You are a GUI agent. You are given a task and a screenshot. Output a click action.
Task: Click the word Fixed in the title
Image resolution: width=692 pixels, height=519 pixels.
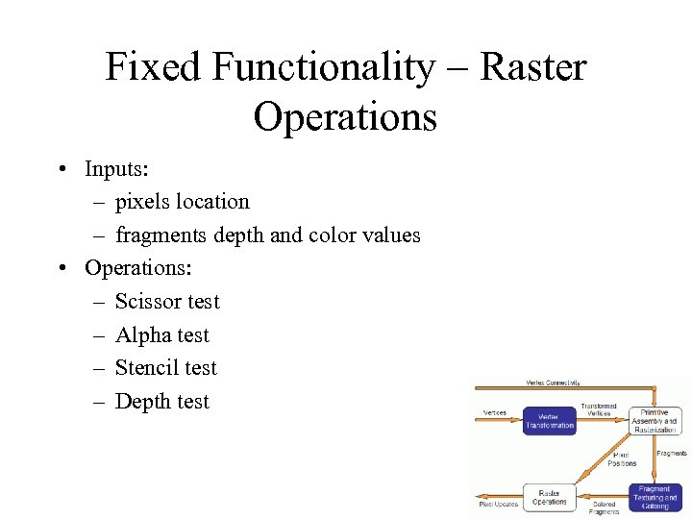click(155, 67)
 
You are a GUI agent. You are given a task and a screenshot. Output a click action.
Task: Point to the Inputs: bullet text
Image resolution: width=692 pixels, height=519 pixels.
click(116, 169)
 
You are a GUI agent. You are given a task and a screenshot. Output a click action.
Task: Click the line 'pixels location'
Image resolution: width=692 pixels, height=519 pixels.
click(182, 202)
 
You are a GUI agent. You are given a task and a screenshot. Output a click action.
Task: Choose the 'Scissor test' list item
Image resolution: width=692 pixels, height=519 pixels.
click(167, 302)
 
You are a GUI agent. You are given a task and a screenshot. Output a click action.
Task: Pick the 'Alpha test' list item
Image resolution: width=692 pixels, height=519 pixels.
click(161, 335)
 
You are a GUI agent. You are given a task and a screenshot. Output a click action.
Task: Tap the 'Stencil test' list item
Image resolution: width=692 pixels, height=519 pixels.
click(166, 368)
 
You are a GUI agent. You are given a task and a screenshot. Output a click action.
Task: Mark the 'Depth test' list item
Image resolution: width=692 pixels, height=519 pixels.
click(161, 402)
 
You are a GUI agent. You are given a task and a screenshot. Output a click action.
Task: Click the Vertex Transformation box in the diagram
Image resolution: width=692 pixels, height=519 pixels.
click(549, 421)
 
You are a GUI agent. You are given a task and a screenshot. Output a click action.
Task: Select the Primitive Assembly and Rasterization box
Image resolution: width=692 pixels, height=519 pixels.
click(655, 421)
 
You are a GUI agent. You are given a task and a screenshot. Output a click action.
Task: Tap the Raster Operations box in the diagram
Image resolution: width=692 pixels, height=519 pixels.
click(550, 496)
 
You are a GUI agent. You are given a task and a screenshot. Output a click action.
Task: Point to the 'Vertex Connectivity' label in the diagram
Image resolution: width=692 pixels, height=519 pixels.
click(553, 383)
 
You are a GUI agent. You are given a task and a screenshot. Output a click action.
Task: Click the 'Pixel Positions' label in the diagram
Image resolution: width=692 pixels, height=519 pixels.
click(622, 459)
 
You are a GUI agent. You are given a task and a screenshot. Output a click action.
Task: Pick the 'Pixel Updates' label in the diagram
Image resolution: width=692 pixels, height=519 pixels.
click(499, 504)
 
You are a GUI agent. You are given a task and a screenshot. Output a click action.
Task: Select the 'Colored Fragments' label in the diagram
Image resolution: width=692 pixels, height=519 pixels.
click(604, 507)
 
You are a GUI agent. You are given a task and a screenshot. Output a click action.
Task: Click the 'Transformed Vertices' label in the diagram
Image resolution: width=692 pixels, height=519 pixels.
click(599, 409)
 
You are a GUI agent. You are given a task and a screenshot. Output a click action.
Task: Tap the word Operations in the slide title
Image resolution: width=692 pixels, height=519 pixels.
click(345, 117)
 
